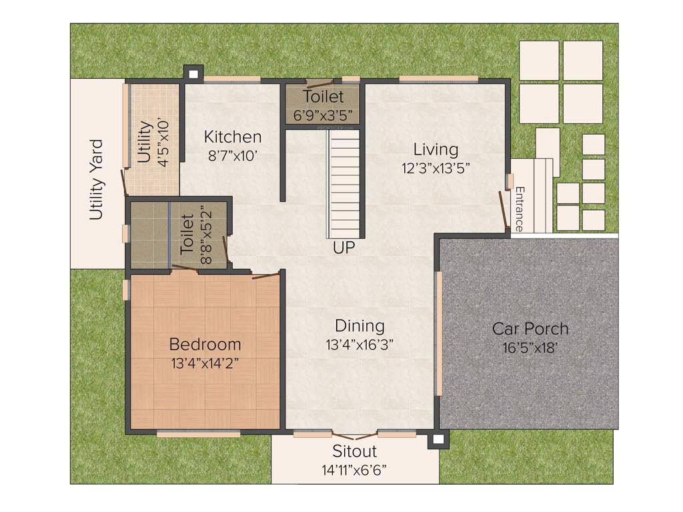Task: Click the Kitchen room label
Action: pos(233,137)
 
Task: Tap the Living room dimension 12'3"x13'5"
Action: pos(436,168)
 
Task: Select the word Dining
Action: pos(360,326)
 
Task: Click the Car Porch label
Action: pos(530,329)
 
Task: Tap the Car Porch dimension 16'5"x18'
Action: pos(530,347)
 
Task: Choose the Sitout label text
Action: pos(355,451)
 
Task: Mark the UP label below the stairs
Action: pos(345,248)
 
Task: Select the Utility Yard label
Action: pos(97,179)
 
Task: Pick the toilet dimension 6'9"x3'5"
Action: pos(323,114)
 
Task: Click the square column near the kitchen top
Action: pos(193,73)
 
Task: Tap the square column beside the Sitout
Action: pos(438,439)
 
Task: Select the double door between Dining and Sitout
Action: pos(355,435)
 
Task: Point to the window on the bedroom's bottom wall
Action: pos(198,434)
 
